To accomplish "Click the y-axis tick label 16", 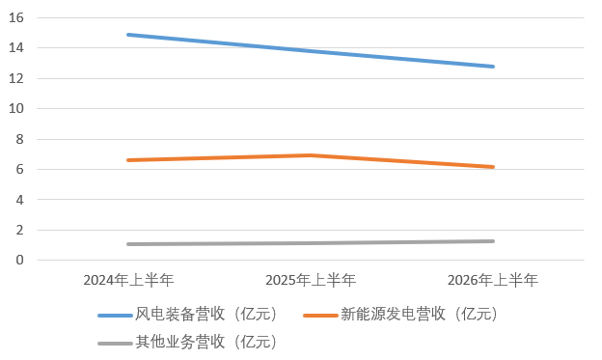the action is tap(16, 17).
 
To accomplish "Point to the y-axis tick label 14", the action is tap(16, 48).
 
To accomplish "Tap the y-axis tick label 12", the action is tap(16, 78).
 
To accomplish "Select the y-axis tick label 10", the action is tap(16, 109).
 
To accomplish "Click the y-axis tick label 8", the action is tap(19, 139).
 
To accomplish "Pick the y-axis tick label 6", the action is tap(19, 170).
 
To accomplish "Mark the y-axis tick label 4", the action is tap(19, 200).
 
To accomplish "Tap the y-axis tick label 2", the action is tap(19, 230).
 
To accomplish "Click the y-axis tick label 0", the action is tap(19, 260).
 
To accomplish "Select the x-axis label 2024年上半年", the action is tap(128, 280).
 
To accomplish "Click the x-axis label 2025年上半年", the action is tap(311, 280).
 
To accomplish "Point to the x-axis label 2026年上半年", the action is tap(493, 280).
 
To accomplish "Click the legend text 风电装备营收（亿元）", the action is tap(206, 314).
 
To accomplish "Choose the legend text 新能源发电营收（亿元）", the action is tap(420, 314).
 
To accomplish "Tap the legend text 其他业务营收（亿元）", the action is tap(206, 342).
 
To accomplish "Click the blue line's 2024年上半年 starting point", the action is tap(128, 35).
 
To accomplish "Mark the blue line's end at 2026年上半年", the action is tap(493, 67).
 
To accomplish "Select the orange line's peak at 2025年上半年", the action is tap(311, 155).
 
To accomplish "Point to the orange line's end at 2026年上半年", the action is tap(493, 167).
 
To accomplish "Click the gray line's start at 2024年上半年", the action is tap(128, 244).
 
